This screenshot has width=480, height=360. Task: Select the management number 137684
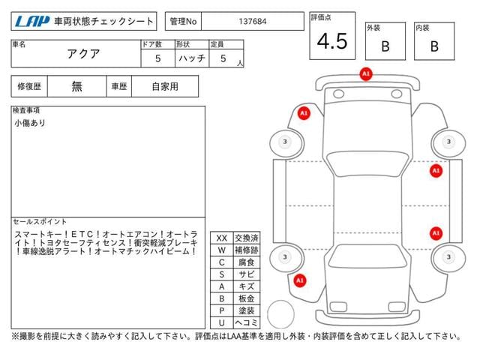tap(251, 22)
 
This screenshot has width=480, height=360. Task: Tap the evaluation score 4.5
tap(331, 42)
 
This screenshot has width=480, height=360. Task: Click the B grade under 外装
tap(385, 46)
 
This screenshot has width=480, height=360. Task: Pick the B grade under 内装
tap(434, 46)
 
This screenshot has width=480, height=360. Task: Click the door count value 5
tap(157, 58)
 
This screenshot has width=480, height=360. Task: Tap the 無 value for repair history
tap(77, 86)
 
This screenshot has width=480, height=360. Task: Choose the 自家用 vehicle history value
tap(165, 86)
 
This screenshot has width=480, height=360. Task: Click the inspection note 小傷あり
tap(29, 123)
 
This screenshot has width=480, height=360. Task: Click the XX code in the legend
tap(221, 238)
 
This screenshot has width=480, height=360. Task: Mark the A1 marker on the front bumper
tap(365, 74)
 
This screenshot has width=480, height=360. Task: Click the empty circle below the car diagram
tap(282, 313)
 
